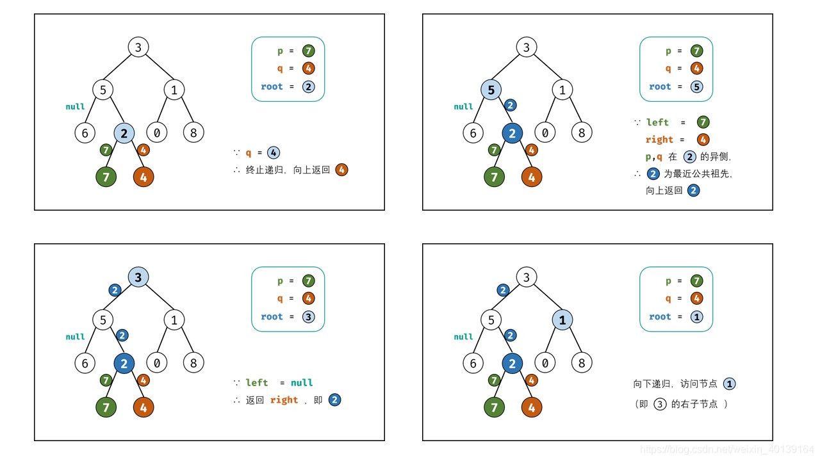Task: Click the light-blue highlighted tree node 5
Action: coord(491,90)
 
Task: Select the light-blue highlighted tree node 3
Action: coord(138,277)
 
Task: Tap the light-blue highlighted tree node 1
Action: coord(562,319)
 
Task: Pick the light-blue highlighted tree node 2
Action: coord(124,133)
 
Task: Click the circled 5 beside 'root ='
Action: coord(697,86)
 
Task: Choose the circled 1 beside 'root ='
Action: coord(697,316)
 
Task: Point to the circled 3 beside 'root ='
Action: coord(309,316)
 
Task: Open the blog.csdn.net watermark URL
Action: coord(728,449)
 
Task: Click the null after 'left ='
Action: coord(302,383)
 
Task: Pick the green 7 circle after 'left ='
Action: coord(703,122)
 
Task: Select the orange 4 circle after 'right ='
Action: coord(703,139)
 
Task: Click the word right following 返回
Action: coord(284,400)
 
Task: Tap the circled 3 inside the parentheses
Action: coord(660,404)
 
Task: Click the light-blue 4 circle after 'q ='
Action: coord(273,153)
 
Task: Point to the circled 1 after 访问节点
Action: coord(729,384)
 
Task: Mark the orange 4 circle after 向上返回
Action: coord(341,170)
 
